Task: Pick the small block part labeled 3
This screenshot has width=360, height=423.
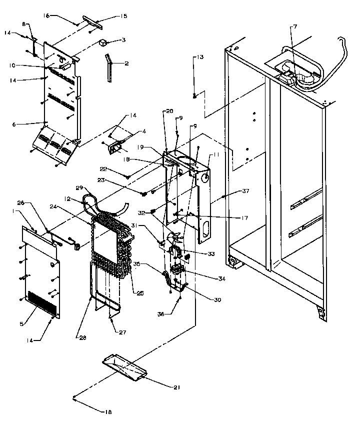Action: pyautogui.click(x=104, y=43)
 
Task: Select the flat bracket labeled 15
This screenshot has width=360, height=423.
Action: pyautogui.click(x=94, y=20)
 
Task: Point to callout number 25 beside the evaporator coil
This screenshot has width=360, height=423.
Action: pyautogui.click(x=140, y=293)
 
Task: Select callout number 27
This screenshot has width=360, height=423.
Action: pyautogui.click(x=121, y=332)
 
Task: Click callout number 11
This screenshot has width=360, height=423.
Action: pyautogui.click(x=216, y=155)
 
